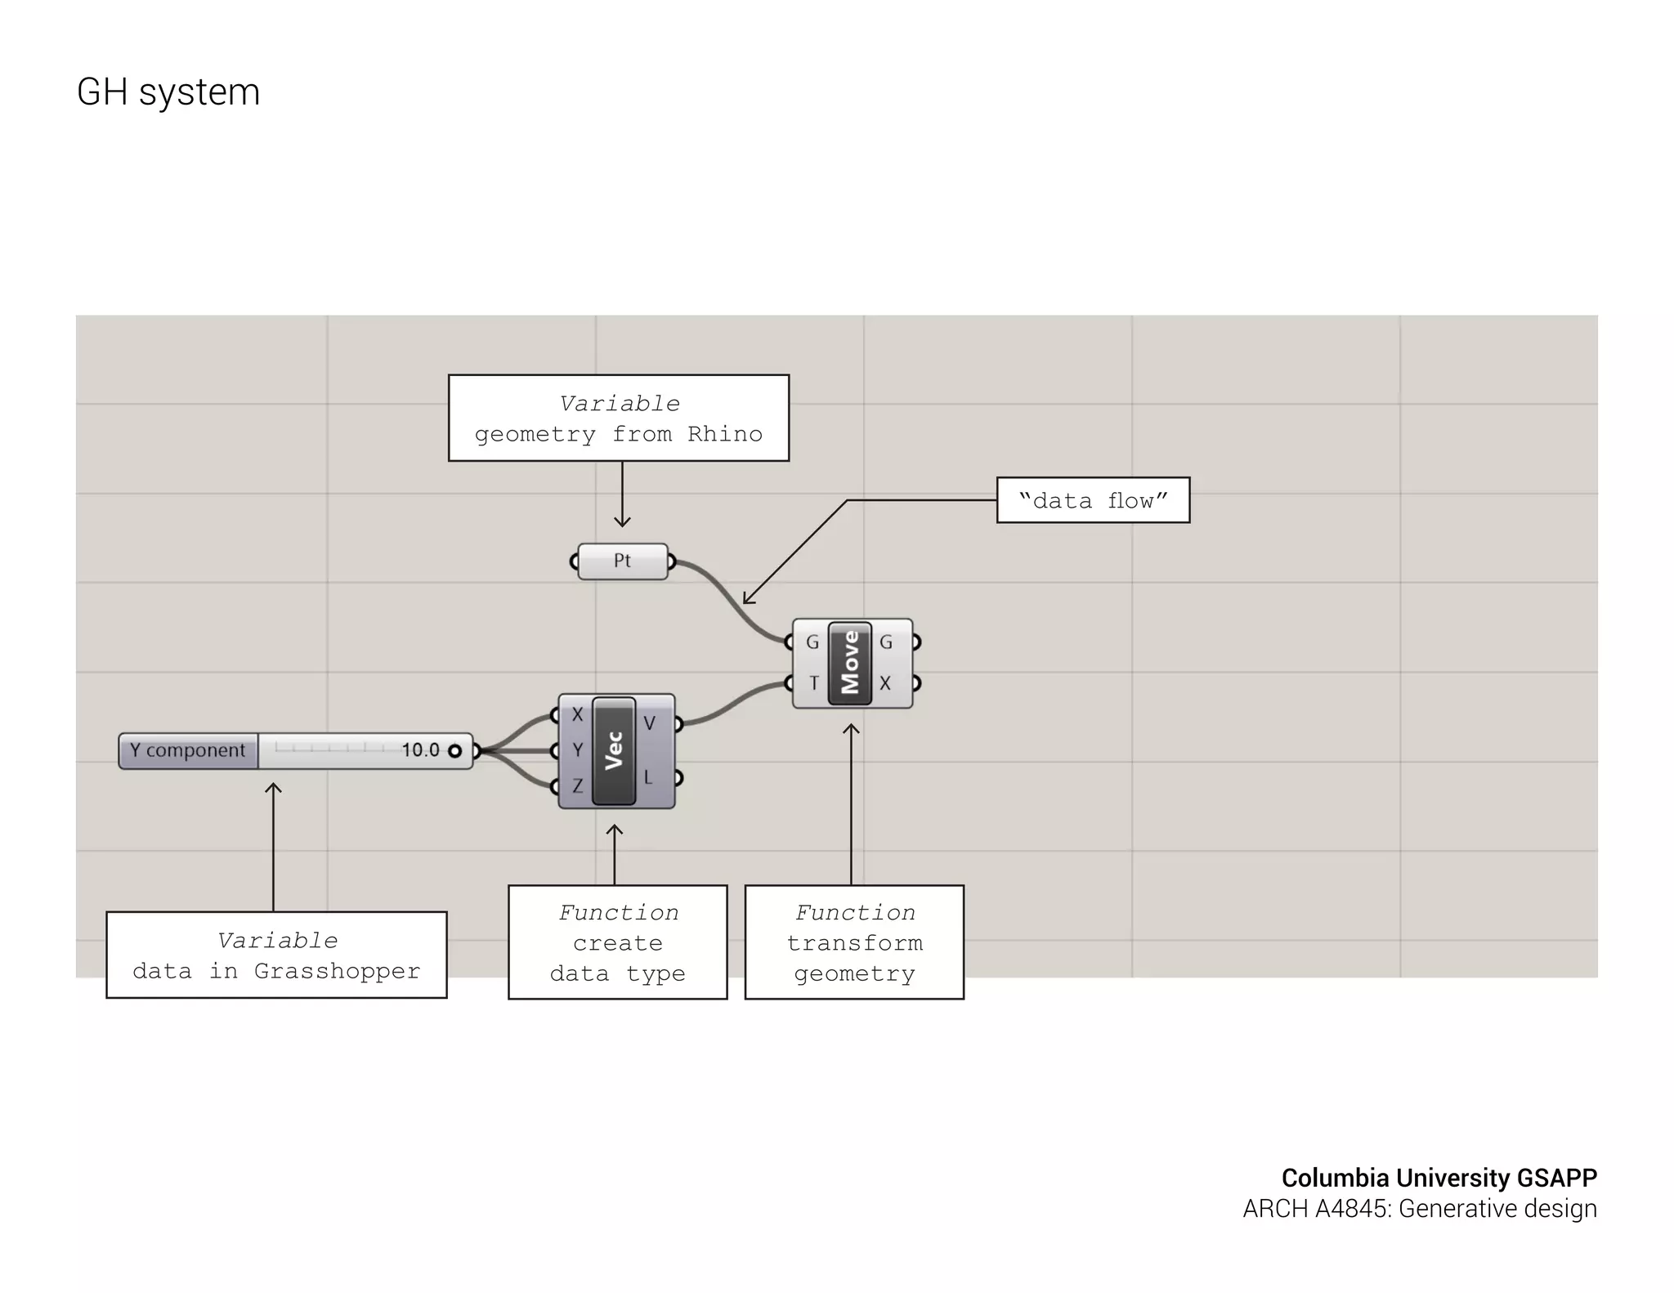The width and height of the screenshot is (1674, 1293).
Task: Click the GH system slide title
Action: pos(168,92)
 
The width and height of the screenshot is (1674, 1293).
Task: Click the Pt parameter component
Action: pos(622,561)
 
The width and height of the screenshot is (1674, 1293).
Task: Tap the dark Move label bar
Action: pos(850,662)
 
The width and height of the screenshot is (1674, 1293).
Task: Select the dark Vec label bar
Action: pos(614,750)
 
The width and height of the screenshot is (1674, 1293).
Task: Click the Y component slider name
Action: pos(188,750)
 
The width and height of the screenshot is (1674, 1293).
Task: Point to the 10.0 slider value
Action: pos(420,750)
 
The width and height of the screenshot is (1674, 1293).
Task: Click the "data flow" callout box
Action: pos(1093,500)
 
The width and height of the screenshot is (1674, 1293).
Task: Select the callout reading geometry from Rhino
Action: pos(619,418)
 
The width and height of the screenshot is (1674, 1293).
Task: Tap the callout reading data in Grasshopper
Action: pos(276,955)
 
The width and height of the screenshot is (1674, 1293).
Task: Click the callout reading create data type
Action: pos(618,942)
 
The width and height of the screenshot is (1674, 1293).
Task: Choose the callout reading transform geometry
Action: pos(854,942)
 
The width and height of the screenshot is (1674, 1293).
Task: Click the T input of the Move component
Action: pos(813,682)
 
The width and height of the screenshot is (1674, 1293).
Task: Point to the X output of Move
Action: pos(885,682)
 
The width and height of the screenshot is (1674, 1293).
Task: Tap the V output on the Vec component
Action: pos(650,723)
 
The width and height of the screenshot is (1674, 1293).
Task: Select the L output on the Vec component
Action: pos(648,777)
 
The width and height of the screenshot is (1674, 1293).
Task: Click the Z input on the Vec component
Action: pos(577,786)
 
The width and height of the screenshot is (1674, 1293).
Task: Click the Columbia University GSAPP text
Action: pos(1439,1178)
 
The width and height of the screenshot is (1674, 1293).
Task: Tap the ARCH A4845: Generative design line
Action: pos(1420,1209)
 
